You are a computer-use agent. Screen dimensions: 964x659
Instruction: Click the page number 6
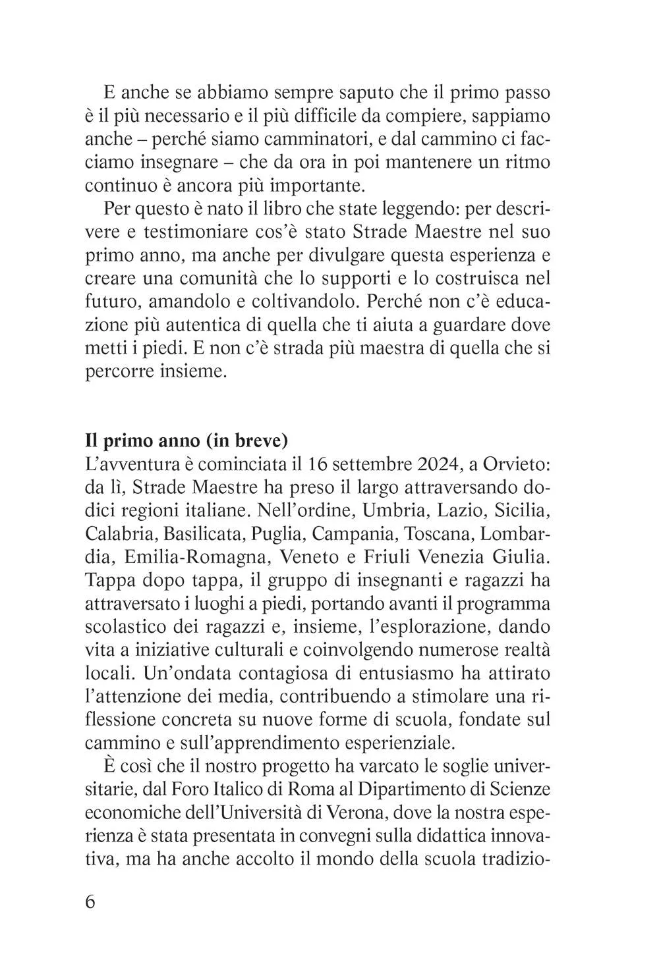pyautogui.click(x=91, y=901)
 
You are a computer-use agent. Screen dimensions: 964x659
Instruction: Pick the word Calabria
pyautogui.click(x=121, y=534)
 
